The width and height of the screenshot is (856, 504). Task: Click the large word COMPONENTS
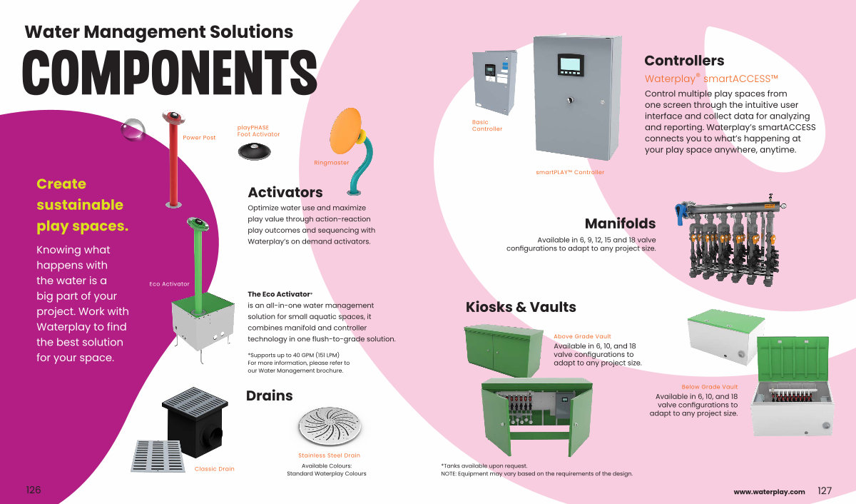[170, 73]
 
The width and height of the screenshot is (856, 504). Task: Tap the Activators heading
[285, 192]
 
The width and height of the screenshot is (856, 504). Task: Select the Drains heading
[270, 395]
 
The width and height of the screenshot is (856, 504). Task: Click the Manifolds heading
[620, 224]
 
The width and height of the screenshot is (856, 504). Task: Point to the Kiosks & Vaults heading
[521, 307]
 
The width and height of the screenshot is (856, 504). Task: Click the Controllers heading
[683, 61]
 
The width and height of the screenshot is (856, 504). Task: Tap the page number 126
[34, 490]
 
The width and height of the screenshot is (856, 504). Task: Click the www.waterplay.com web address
[769, 491]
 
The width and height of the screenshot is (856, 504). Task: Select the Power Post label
[199, 138]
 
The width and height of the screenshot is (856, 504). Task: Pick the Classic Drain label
[214, 469]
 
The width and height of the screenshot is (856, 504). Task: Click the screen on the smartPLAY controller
[570, 63]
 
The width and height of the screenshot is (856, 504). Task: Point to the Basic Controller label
[487, 126]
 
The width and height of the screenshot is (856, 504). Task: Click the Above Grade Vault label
[582, 336]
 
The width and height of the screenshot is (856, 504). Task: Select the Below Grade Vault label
[709, 387]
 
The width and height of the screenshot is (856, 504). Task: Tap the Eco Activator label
[169, 284]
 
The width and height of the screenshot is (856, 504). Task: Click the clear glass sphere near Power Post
[133, 130]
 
